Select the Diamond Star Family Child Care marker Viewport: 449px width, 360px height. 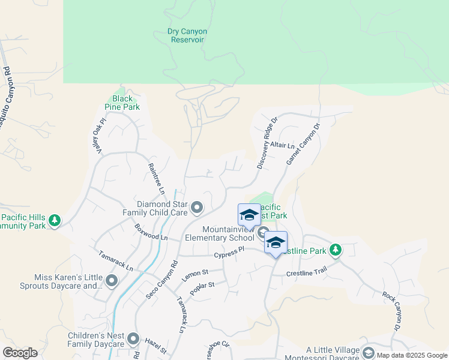(x=197, y=208)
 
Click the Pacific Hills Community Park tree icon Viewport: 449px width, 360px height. (x=55, y=221)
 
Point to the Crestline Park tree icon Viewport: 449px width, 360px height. (x=336, y=250)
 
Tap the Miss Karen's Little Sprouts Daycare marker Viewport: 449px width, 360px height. (x=111, y=280)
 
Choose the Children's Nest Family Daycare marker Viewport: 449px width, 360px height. (x=133, y=339)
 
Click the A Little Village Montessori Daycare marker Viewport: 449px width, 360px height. (x=369, y=353)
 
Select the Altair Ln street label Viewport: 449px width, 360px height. (x=283, y=145)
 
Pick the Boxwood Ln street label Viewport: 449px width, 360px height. (x=151, y=232)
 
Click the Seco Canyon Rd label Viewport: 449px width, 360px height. (x=162, y=280)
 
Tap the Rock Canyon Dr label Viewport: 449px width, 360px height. (x=390, y=311)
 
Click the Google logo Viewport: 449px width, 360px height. (x=19, y=353)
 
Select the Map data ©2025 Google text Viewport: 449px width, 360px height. (x=411, y=355)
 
